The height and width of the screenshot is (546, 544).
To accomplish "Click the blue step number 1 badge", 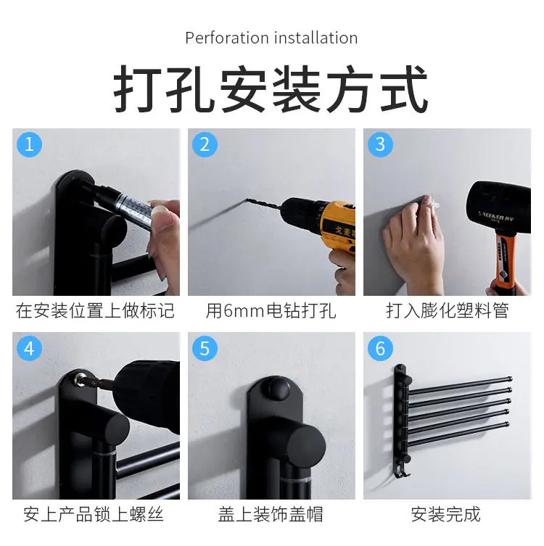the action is [29, 144].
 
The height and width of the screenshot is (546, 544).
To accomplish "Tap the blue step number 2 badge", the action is [205, 144].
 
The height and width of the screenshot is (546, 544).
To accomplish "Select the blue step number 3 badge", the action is [380, 144].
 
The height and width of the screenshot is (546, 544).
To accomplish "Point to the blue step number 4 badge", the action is [29, 348].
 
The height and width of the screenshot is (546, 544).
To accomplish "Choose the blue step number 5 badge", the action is [205, 348].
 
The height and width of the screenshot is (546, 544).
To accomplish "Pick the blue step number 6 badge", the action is [380, 348].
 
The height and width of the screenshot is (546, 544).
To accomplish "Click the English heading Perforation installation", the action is [271, 38].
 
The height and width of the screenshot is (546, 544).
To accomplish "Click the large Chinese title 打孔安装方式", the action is [271, 88].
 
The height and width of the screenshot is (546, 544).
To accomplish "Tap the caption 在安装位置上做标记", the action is [95, 310].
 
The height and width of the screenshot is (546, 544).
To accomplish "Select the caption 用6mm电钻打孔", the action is [271, 310].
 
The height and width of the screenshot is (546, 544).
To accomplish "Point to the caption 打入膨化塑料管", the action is [448, 310].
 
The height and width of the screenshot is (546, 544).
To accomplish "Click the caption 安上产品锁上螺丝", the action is [94, 514].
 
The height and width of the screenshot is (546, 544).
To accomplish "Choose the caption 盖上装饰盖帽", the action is [271, 514].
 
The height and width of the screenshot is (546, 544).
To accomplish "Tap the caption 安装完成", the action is [446, 514].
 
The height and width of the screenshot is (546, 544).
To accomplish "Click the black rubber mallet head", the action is [499, 208].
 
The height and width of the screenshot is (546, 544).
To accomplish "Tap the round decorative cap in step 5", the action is [278, 388].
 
